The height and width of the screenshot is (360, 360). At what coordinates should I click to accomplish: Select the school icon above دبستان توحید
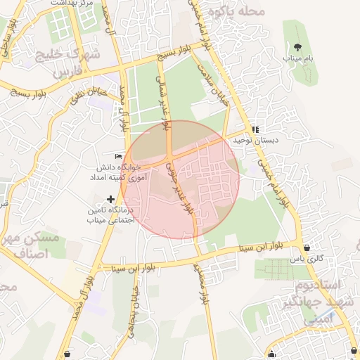[x=256, y=129]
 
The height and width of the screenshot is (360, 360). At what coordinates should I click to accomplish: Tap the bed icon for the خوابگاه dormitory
[x=117, y=156]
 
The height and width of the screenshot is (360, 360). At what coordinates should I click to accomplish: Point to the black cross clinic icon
[x=109, y=199]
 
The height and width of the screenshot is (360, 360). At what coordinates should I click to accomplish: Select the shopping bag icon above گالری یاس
[x=308, y=247]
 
